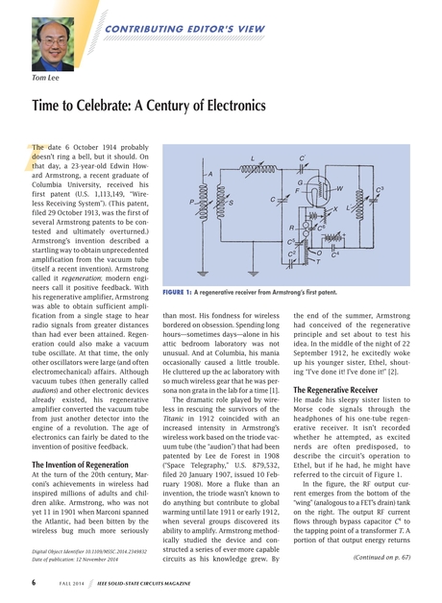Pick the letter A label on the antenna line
tap(209, 173)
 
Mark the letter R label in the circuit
tap(292, 228)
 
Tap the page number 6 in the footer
tap(34, 581)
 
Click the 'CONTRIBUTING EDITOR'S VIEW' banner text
tap(182, 30)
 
